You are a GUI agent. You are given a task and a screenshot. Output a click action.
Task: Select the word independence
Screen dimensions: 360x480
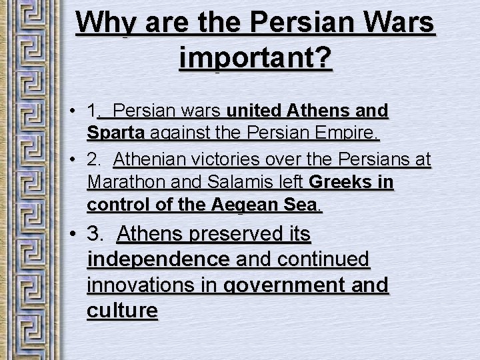(159, 260)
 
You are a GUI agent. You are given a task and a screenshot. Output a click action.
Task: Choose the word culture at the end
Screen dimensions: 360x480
(122, 311)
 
